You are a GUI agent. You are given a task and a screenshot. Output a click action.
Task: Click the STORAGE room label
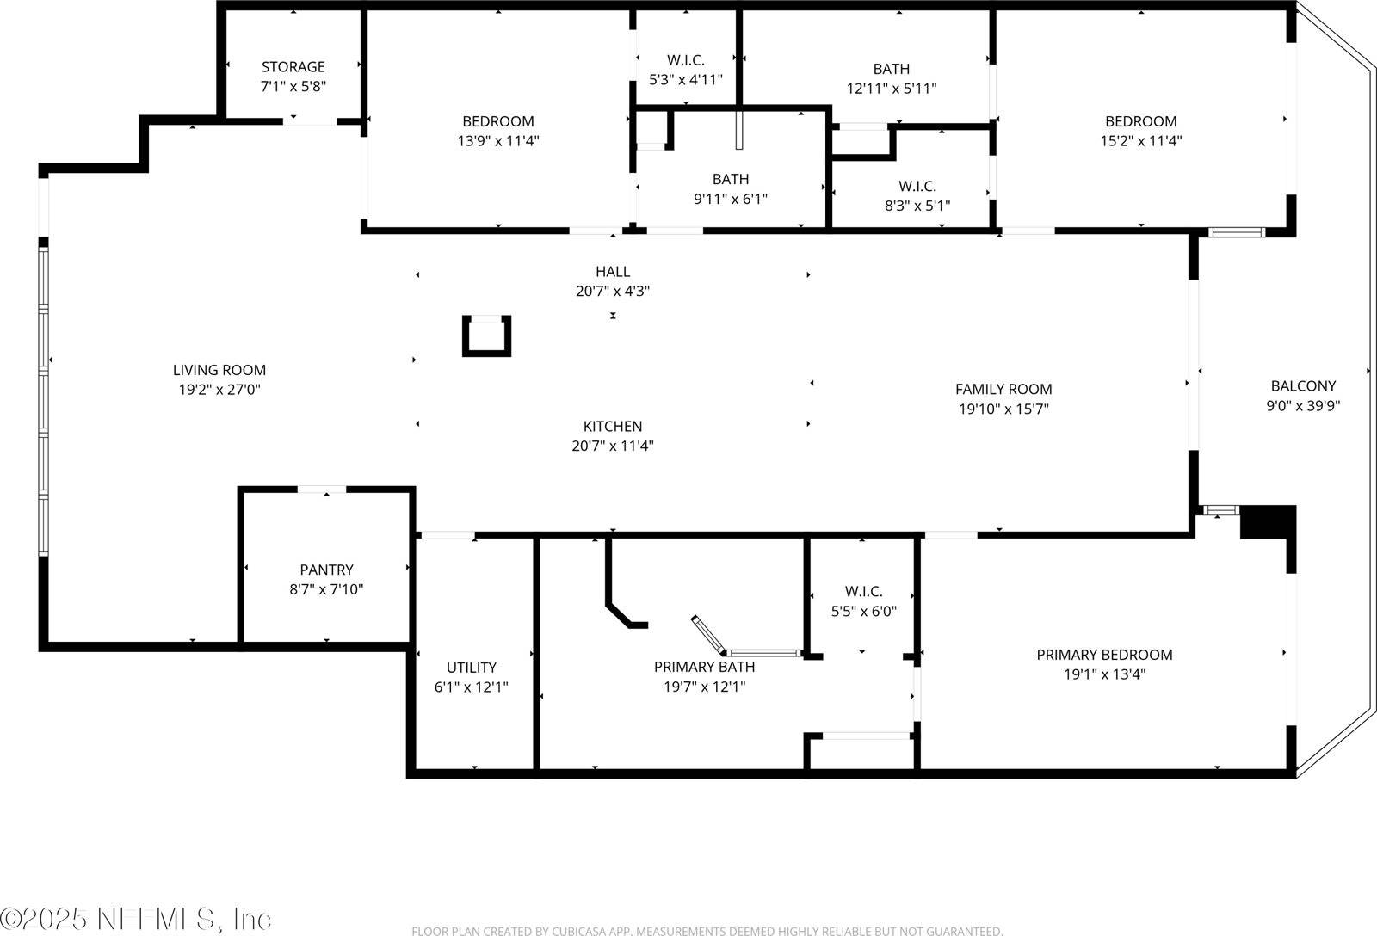(293, 67)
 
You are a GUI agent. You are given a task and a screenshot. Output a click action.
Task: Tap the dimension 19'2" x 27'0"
(219, 390)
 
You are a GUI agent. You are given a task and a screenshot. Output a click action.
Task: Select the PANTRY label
(326, 570)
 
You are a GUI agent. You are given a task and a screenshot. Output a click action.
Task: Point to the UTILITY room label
(471, 668)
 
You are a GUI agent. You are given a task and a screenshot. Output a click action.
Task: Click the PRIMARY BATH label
(704, 667)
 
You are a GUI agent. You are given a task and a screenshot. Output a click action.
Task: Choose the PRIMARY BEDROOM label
(1104, 655)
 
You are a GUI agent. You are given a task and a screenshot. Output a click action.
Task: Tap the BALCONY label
(1303, 386)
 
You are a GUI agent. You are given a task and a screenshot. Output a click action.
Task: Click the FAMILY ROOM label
(1003, 389)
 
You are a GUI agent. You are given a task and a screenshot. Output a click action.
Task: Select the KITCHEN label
(612, 426)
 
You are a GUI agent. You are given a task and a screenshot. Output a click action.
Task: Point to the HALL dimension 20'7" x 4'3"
(612, 292)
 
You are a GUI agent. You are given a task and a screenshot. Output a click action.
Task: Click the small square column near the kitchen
(487, 336)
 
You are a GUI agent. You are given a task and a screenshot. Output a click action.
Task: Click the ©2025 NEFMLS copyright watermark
(136, 918)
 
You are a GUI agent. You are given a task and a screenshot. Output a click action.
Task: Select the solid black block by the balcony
(1269, 522)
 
